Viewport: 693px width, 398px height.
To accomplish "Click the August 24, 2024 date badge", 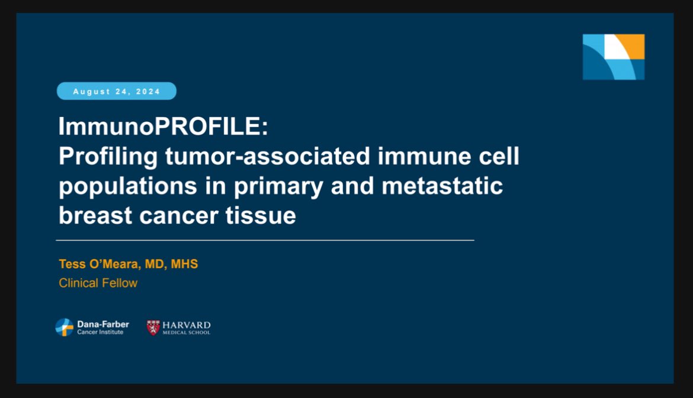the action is (117, 91).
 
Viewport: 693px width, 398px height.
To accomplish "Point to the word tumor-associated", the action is (267, 156).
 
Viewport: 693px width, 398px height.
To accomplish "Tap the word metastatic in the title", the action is (442, 186).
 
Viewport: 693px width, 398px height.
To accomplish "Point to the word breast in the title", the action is (95, 215).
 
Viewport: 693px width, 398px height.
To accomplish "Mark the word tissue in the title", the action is (260, 215).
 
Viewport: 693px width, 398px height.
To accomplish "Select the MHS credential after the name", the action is (184, 264).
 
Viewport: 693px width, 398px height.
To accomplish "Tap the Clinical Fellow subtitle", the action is (98, 283).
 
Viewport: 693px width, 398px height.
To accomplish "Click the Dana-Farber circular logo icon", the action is (65, 327).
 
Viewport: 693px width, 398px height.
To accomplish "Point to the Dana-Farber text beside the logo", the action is (103, 324).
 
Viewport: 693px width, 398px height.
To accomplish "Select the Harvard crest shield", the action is (153, 327).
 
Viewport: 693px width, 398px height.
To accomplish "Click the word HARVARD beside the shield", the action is (187, 326).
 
